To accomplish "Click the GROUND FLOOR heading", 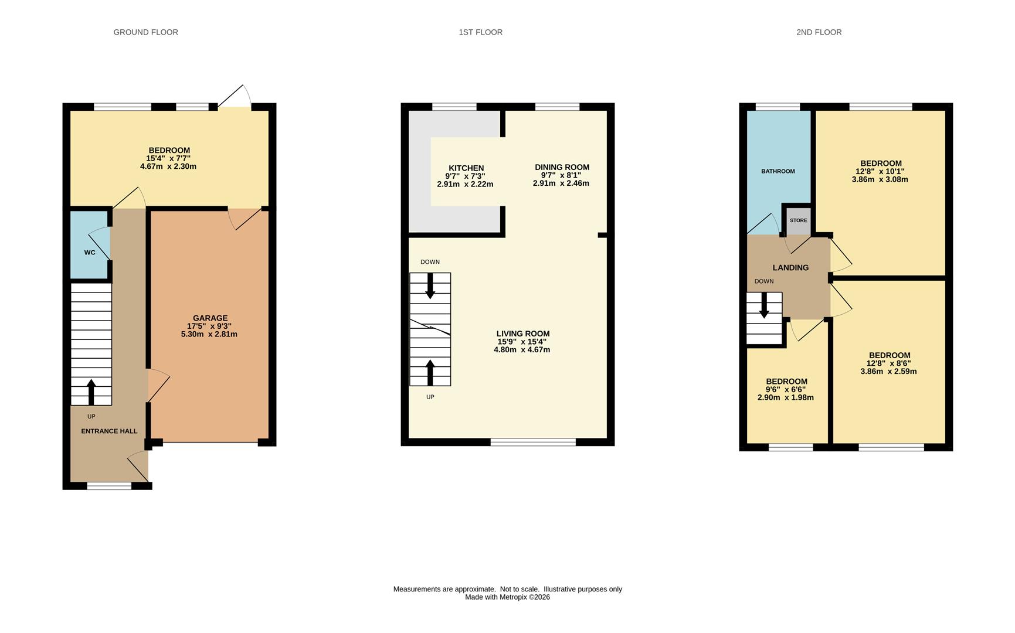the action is pos(145,32).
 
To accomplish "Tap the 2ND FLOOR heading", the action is pos(819,32).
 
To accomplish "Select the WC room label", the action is pos(90,253).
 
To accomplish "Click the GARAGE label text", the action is pos(210,318).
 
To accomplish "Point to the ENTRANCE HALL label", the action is pos(109,431).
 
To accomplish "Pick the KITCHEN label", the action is pos(466,168).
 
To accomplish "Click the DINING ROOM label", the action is pos(562,167).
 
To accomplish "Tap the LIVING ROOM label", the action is pos(523,333).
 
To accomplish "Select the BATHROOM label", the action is pos(778,171).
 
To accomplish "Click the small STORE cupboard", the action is pos(798,221).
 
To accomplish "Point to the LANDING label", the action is pos(790,268).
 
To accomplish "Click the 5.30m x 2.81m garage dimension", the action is pos(209,334).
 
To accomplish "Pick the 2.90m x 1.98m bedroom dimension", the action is pos(786,397).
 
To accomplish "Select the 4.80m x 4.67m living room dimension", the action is pos(522,350).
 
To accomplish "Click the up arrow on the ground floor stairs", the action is pos(91,392).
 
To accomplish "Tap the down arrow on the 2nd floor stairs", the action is pos(764,305).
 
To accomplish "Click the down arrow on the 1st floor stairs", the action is pos(430,286).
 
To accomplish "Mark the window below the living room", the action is pos(533,443).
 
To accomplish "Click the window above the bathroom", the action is pos(778,107).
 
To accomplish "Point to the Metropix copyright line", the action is pos(507,597).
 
